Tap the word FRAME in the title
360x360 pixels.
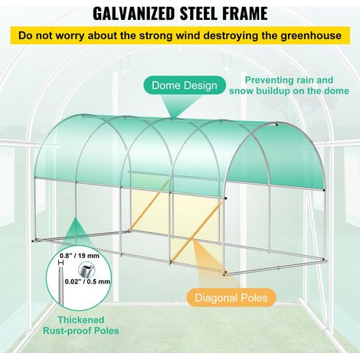(x=242, y=14)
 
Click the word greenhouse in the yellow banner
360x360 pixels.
(x=311, y=36)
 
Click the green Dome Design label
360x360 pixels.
(x=185, y=85)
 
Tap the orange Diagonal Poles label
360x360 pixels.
(x=231, y=298)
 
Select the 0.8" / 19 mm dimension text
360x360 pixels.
(x=80, y=256)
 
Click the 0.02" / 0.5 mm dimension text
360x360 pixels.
(x=87, y=282)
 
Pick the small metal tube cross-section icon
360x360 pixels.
(x=86, y=270)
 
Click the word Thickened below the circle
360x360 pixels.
(x=81, y=319)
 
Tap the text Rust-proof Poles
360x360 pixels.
(x=81, y=331)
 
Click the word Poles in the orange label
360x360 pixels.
(x=254, y=298)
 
